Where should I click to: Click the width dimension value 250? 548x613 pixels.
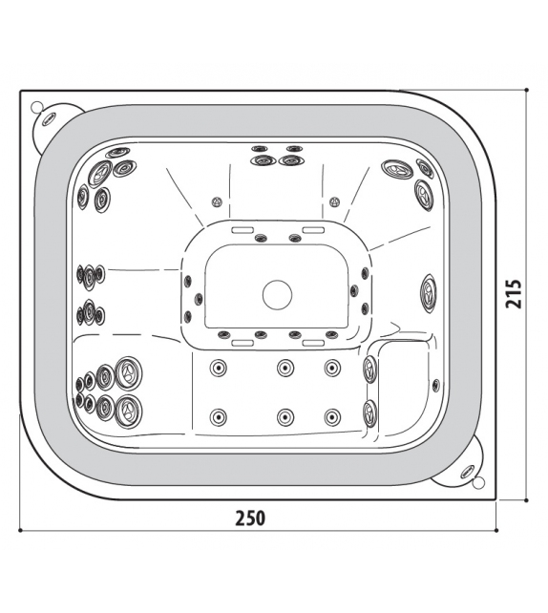pyautogui.click(x=250, y=518)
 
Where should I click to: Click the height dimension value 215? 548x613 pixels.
pyautogui.click(x=514, y=294)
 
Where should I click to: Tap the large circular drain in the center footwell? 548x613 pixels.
pyautogui.click(x=277, y=295)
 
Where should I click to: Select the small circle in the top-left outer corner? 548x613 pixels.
pyautogui.click(x=35, y=106)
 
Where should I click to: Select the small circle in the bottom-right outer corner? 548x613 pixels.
pyautogui.click(x=478, y=483)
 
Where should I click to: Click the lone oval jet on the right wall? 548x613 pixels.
pyautogui.click(x=429, y=293)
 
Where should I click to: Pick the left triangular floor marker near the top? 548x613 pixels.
pyautogui.click(x=216, y=201)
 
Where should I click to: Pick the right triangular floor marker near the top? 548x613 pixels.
pyautogui.click(x=334, y=201)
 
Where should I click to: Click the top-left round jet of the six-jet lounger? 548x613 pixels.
pyautogui.click(x=218, y=368)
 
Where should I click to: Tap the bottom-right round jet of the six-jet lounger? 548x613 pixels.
pyautogui.click(x=332, y=417)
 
